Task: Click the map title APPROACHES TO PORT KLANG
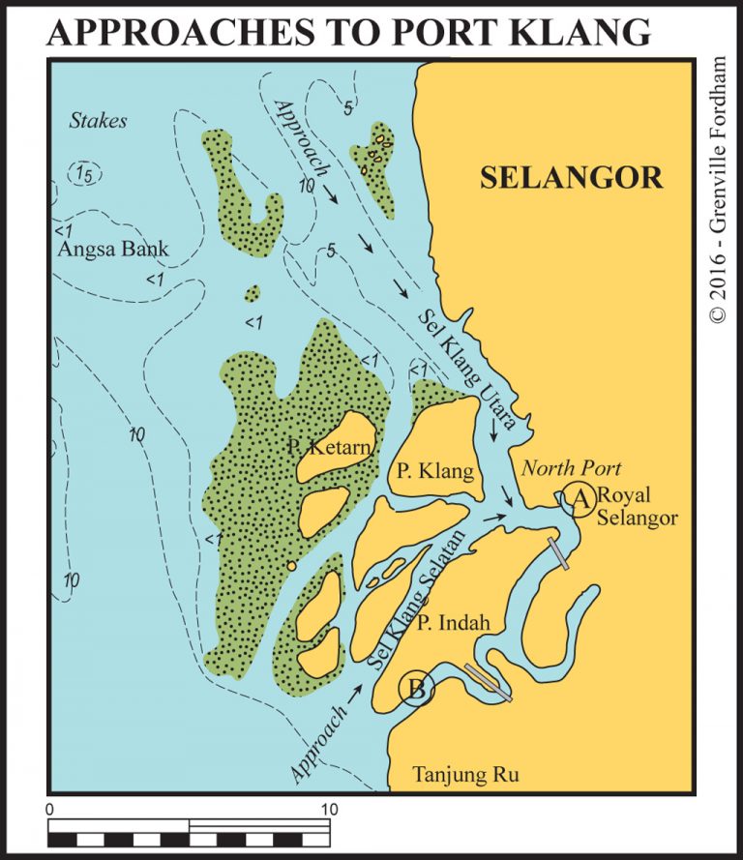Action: tap(348, 32)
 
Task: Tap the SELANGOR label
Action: tap(572, 178)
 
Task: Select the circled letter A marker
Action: tap(580, 498)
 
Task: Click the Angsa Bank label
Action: tap(113, 250)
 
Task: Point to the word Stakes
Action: tap(99, 121)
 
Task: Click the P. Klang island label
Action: tap(435, 472)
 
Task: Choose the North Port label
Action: tap(572, 469)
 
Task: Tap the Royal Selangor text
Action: tap(639, 506)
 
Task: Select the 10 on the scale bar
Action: tap(329, 808)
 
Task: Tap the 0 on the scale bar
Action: tap(49, 808)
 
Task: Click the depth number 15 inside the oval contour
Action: tap(86, 172)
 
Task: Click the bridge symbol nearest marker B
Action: tap(487, 681)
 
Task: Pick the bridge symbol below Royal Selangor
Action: tap(558, 552)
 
